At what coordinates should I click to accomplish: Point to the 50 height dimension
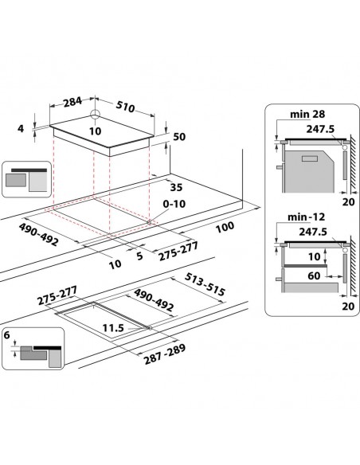178,137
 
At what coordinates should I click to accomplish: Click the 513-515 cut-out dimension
205,284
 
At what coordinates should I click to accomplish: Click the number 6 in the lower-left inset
7,338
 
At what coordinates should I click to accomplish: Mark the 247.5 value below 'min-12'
313,231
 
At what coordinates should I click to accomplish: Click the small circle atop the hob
94,115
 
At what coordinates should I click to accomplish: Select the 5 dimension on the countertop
139,256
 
